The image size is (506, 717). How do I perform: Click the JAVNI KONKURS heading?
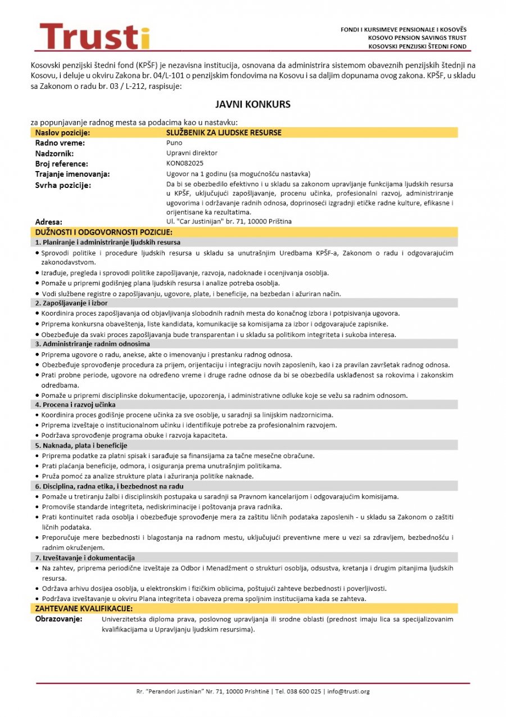click(252, 105)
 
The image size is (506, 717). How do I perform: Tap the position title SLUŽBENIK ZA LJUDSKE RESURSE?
click(224, 133)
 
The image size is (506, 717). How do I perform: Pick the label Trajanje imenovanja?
click(73, 174)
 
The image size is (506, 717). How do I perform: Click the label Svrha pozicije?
click(63, 185)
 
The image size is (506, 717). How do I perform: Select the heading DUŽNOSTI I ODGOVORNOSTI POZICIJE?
click(103, 232)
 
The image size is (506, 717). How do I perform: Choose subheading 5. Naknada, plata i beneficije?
click(81, 446)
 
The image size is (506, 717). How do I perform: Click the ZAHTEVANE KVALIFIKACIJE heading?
click(84, 609)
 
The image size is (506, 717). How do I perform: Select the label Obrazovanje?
click(59, 619)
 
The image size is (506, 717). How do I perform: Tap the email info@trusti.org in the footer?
click(349, 691)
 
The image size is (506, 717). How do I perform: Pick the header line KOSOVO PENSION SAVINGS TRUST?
click(417, 38)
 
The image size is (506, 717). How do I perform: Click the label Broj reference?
click(62, 164)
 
